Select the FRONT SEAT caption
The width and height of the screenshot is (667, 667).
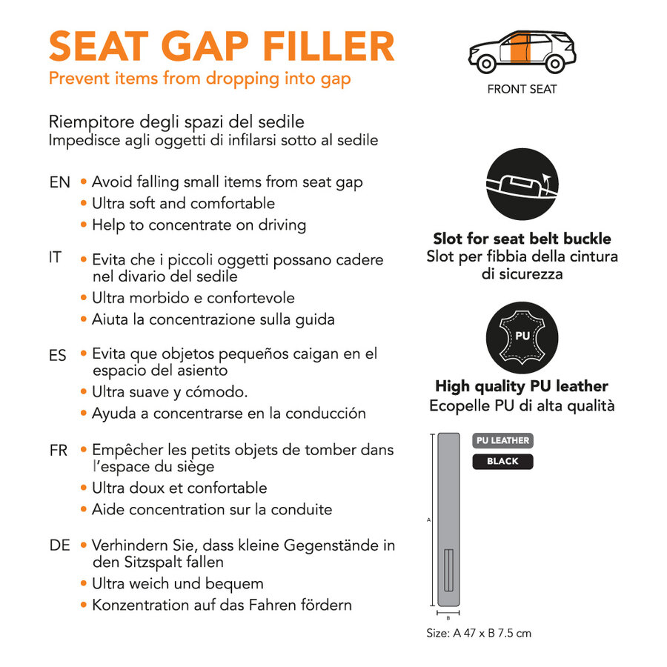522,90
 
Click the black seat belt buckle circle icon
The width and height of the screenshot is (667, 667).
522,184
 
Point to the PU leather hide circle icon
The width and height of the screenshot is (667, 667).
522,337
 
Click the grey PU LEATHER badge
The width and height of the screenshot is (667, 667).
502,440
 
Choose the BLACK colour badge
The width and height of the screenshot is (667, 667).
502,461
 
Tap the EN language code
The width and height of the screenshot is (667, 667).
59,182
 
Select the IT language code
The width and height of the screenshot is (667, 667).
56,258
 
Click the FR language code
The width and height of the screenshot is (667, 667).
59,451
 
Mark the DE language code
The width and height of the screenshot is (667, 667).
59,545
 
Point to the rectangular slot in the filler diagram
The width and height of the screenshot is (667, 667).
448,571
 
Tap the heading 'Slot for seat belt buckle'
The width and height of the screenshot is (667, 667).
522,239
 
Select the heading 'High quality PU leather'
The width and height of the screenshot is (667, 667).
522,386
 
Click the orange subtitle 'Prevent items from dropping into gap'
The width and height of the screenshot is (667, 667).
200,79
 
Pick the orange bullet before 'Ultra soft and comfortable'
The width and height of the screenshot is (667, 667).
84,204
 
